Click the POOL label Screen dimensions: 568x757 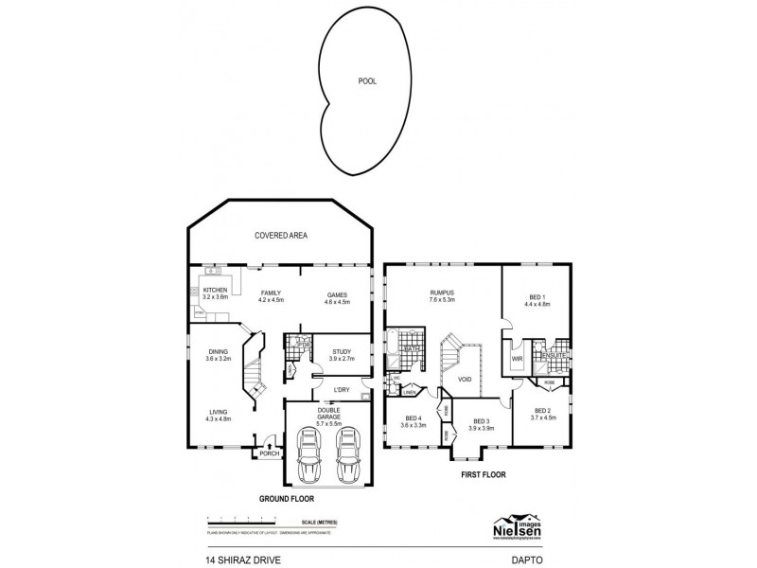pos(366,81)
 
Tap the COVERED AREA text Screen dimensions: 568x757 pos(281,236)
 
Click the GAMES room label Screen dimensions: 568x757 pos(338,294)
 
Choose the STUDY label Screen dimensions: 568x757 pos(342,351)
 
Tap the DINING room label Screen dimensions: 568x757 pos(219,352)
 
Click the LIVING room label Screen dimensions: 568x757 pos(219,412)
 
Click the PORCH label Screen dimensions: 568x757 pos(270,454)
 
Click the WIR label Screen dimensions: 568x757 pos(518,360)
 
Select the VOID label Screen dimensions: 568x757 pos(465,379)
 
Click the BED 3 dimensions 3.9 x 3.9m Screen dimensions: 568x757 pos(482,428)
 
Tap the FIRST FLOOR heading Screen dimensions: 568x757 pos(484,476)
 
